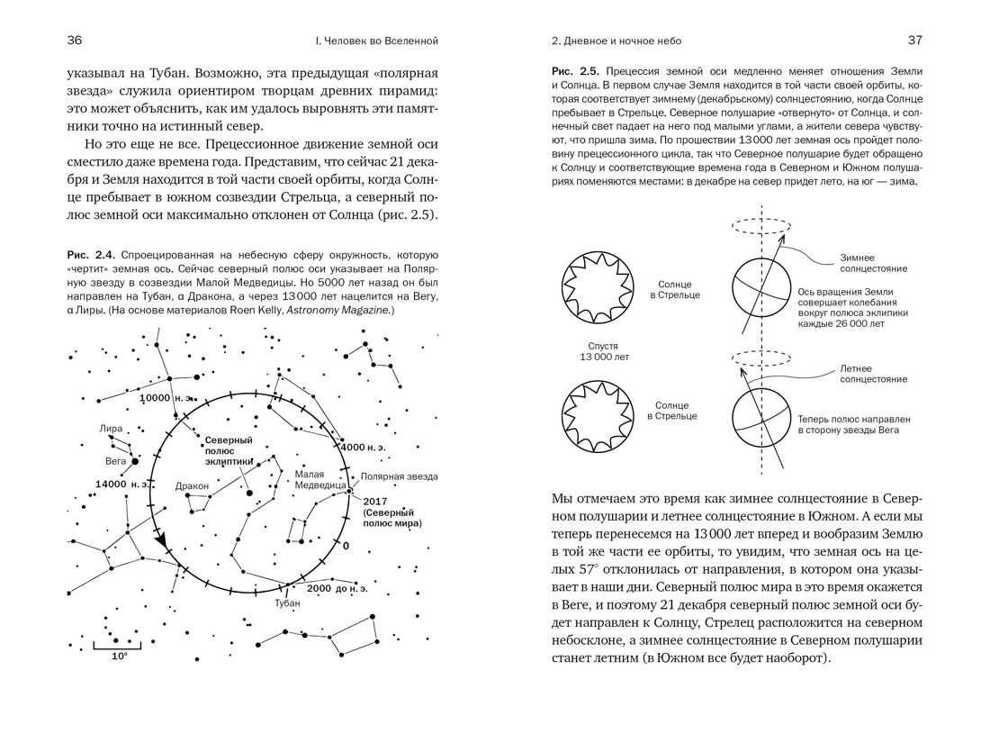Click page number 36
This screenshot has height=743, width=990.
click(75, 41)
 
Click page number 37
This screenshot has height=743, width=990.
click(914, 41)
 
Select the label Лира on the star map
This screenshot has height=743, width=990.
click(112, 429)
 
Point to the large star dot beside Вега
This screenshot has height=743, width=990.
click(135, 461)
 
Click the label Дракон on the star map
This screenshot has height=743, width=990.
click(193, 486)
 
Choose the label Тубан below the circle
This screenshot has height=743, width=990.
click(287, 603)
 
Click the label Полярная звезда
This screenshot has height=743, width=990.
click(400, 476)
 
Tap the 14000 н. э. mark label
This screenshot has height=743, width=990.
click(121, 485)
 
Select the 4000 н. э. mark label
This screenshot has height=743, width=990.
click(364, 447)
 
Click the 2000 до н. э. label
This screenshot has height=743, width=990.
click(337, 588)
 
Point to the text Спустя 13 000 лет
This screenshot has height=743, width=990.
click(603, 351)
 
